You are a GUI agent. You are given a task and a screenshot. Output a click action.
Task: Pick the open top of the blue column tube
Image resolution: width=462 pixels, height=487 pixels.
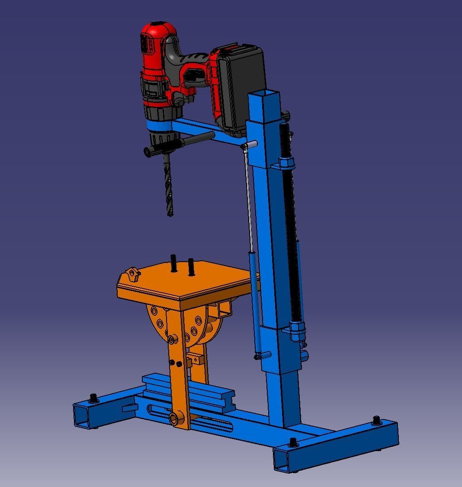[264, 94]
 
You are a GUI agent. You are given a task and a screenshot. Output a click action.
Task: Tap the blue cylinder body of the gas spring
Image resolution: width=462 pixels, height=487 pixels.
[256, 303]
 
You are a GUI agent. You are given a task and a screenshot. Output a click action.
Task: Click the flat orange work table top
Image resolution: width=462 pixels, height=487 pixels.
[190, 281]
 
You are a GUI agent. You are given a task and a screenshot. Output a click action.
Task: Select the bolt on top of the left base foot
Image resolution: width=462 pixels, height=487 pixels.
[93, 397]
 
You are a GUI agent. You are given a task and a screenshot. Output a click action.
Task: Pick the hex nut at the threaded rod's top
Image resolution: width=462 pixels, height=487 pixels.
[286, 163]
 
